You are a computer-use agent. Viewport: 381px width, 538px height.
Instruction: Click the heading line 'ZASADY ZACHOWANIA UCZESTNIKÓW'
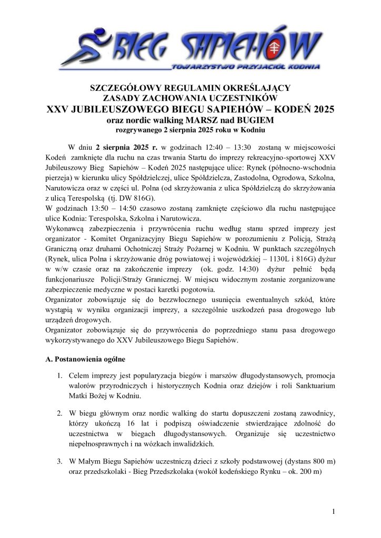[190, 97]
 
